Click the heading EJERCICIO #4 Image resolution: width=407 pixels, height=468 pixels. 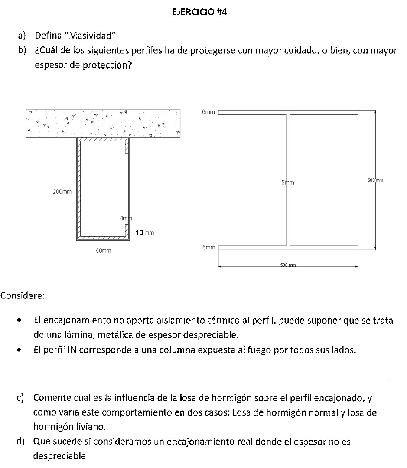[199, 12]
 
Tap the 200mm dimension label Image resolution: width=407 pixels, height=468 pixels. [62, 192]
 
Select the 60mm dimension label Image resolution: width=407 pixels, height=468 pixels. [103, 251]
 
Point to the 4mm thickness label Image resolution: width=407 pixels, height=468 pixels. [125, 218]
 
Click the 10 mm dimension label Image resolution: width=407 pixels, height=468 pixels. [145, 233]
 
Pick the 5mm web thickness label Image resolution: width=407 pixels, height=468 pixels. [287, 183]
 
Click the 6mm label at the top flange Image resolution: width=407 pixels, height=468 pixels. [208, 112]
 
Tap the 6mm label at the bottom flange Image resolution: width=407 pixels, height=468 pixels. [208, 247]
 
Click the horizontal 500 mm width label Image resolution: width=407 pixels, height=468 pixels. [288, 265]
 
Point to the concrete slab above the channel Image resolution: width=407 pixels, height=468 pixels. [103, 124]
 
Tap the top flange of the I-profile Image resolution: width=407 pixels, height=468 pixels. [288, 112]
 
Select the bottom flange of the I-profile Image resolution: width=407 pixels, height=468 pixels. [288, 248]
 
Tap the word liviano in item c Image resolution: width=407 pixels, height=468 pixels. [91, 426]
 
